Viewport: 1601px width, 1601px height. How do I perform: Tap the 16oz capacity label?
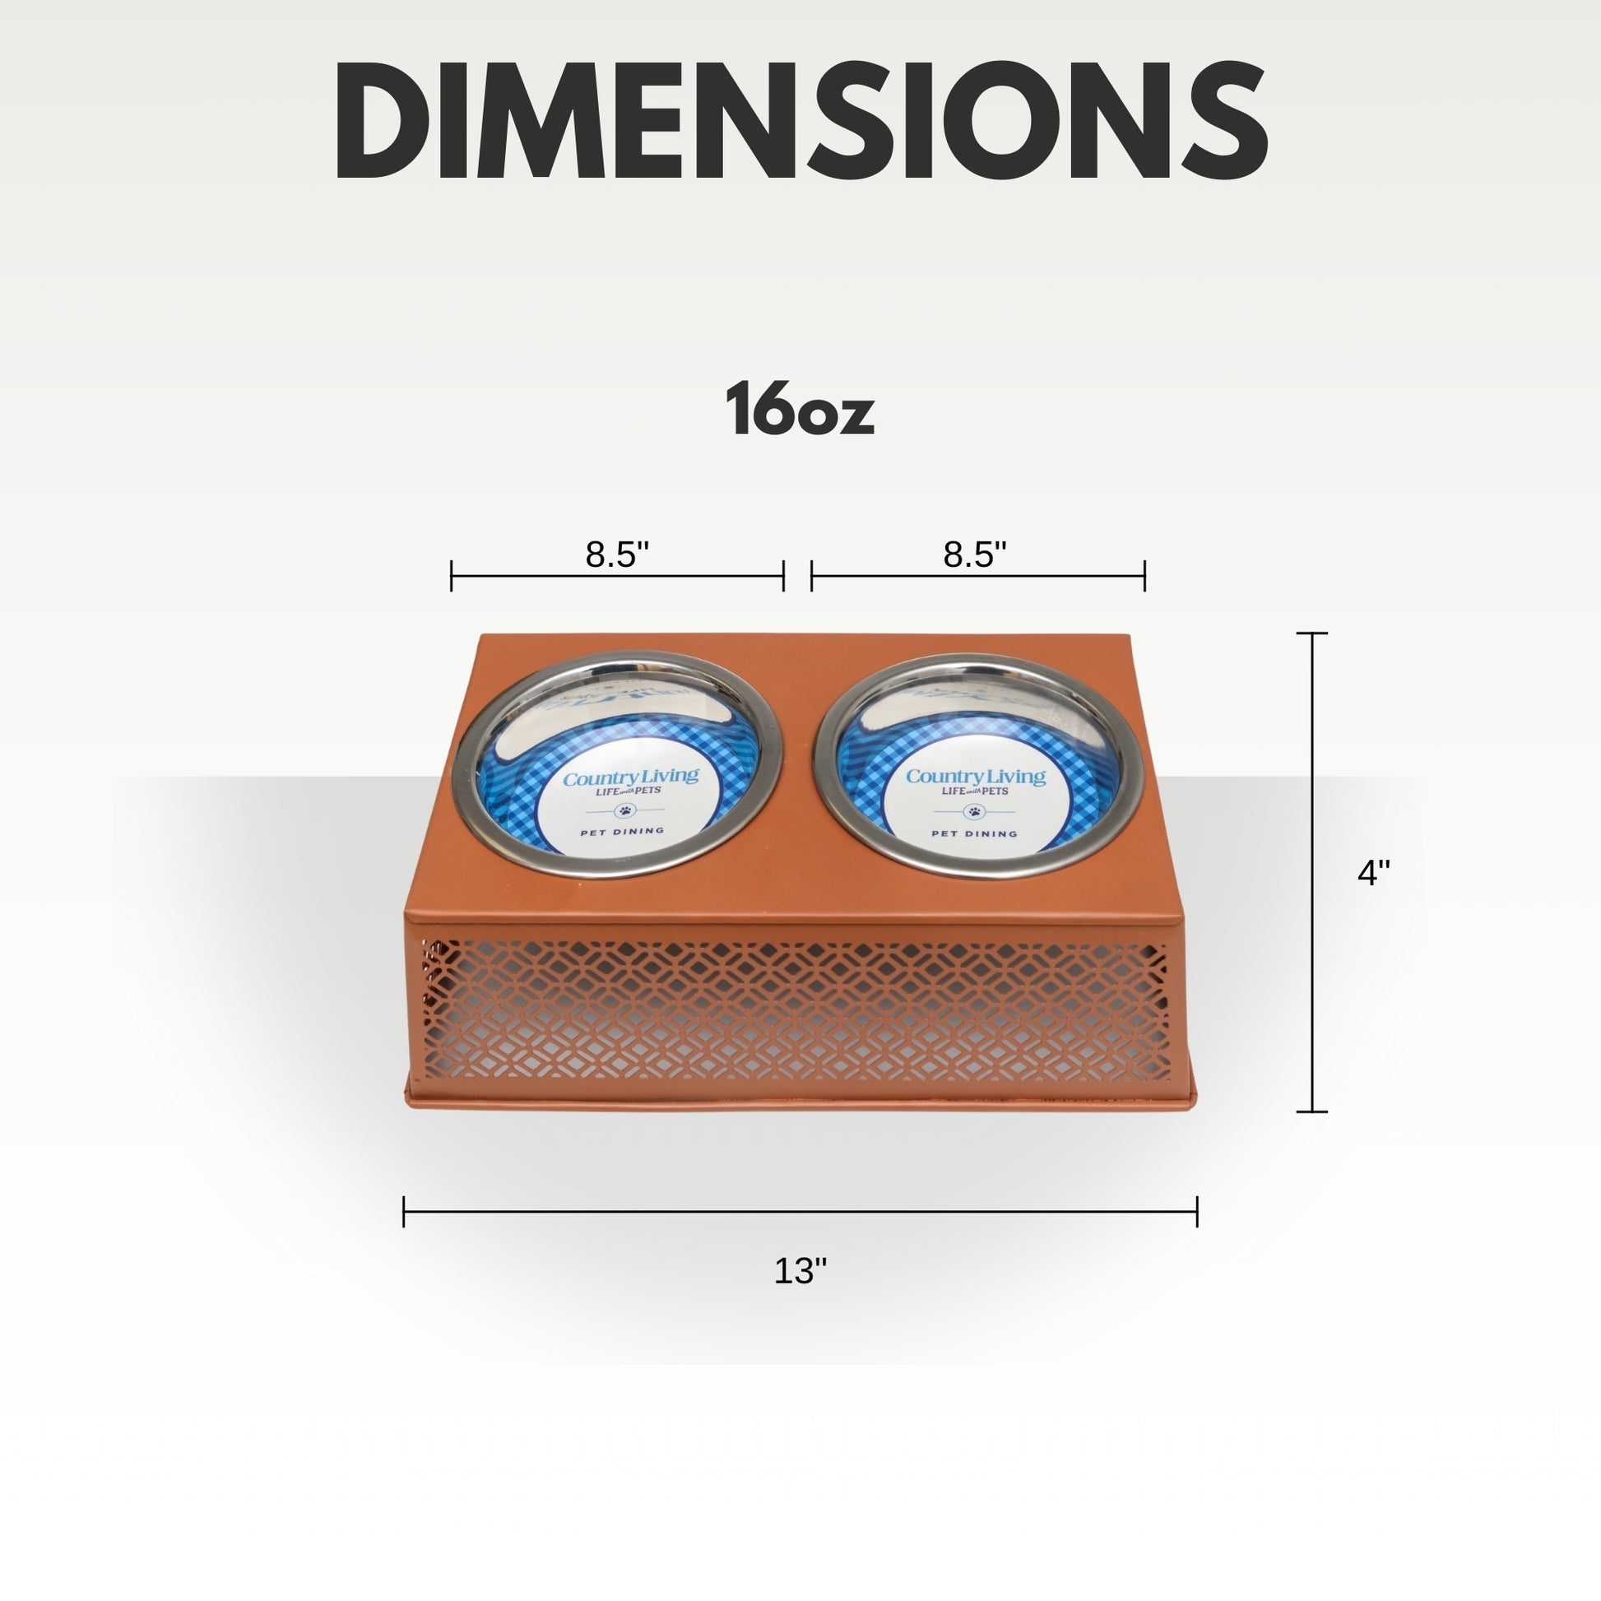click(800, 410)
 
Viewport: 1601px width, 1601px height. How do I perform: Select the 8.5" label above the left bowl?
click(616, 555)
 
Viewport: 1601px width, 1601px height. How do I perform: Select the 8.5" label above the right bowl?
click(976, 555)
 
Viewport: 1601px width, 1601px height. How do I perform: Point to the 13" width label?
click(800, 1270)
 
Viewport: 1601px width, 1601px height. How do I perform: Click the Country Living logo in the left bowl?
click(631, 778)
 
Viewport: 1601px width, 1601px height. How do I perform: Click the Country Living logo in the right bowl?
click(976, 777)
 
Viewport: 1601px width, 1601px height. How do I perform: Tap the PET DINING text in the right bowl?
click(974, 833)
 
